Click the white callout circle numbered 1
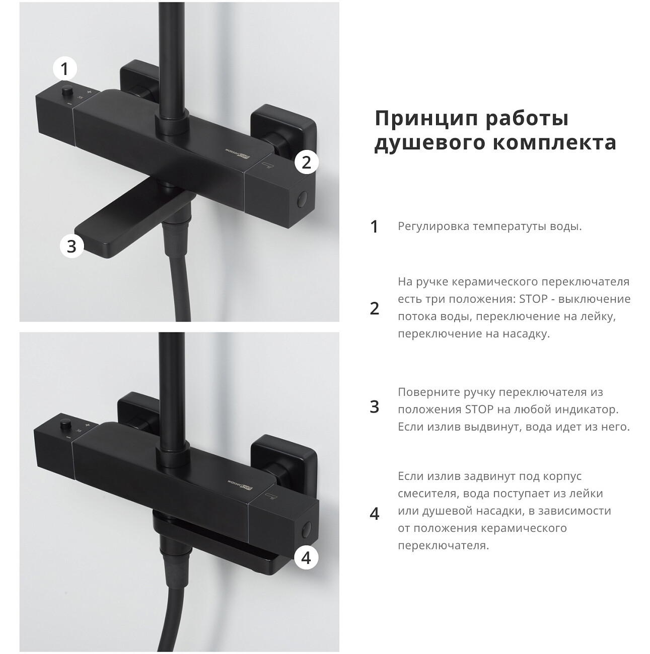click(65, 69)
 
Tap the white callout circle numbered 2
click(307, 162)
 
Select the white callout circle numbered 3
click(71, 246)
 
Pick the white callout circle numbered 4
click(306, 558)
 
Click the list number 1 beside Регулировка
click(375, 226)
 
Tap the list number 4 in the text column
click(375, 514)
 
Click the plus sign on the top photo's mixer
click(90, 91)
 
